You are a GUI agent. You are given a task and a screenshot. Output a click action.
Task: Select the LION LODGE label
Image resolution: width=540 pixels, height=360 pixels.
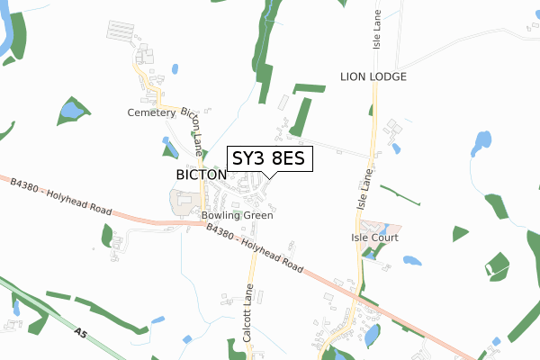coord(373,77)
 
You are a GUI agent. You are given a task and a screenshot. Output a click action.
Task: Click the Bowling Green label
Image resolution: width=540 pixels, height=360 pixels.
coord(237,215)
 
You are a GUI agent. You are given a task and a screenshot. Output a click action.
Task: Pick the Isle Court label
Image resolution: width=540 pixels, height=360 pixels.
coord(374,238)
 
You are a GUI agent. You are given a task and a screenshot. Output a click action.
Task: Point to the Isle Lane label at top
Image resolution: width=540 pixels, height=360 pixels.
coord(378,31)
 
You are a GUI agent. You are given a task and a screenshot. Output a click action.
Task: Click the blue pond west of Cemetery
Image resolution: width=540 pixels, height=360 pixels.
coord(68,112)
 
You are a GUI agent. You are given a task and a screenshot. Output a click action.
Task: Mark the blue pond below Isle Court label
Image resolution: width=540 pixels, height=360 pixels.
coord(411,261)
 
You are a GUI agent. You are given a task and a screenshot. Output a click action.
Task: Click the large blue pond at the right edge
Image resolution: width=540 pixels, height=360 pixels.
coord(482,141)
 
